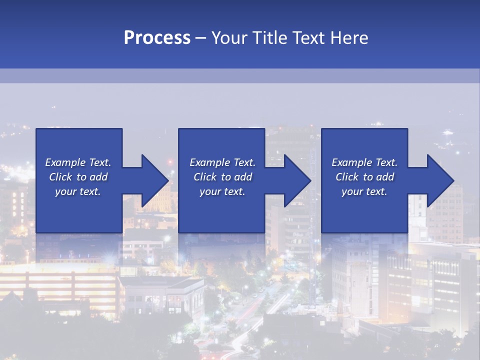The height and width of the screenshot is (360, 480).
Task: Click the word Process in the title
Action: point(157,38)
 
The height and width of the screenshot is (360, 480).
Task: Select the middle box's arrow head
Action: point(296,180)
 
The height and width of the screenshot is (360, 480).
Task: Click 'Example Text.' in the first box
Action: point(78,162)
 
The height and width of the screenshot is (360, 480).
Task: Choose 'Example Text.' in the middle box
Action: point(222,162)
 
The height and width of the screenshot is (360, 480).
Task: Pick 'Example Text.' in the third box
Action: point(364,162)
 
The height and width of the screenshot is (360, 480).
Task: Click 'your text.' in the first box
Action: point(78,191)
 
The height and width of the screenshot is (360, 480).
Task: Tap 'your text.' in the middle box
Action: point(222,191)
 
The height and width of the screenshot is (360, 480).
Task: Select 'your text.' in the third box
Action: point(364,191)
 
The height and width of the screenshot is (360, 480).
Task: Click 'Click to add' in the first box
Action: point(78,177)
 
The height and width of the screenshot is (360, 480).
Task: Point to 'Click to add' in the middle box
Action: point(222,177)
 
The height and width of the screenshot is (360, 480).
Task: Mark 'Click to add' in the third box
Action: point(364,177)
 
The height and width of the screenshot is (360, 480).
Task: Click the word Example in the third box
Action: point(351,162)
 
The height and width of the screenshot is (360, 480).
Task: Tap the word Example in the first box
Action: point(65,162)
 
